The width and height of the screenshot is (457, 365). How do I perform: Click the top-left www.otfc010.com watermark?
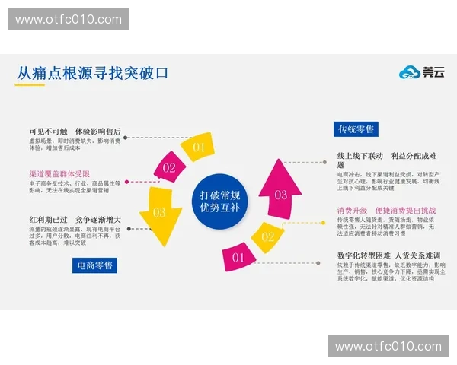69,19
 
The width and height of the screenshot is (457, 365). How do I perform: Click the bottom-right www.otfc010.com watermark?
387,346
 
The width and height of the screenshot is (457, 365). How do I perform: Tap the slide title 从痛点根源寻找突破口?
92,74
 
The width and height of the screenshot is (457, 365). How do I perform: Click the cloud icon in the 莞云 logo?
410,72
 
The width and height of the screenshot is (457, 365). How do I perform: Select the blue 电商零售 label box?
95,265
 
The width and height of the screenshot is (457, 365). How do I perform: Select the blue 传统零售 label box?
356,129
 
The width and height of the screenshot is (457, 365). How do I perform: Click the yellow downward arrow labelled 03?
161,217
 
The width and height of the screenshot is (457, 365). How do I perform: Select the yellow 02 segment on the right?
267,236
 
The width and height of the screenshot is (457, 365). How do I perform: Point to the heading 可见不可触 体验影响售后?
75,131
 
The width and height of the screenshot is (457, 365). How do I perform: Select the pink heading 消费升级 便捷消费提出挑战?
386,210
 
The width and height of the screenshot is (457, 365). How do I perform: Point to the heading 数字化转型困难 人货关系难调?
388,255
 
